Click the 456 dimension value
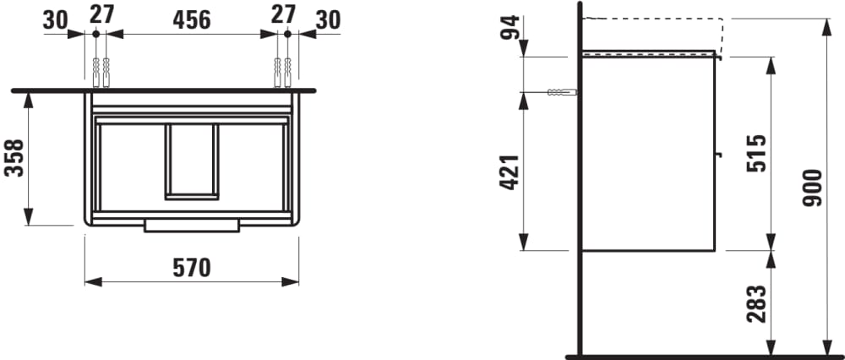(191, 20)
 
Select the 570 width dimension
(191, 268)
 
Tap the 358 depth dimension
(14, 158)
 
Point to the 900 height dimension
(813, 188)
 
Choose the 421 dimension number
(510, 172)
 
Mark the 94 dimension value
(510, 28)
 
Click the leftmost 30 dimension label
(56, 20)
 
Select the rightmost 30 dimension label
(328, 20)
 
